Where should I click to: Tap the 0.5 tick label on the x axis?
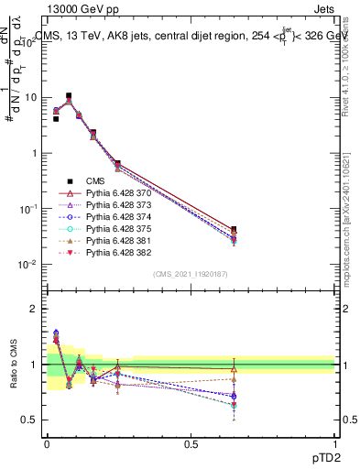click(x=190, y=444)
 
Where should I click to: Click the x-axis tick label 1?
click(x=334, y=444)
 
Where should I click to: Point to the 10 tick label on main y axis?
click(x=31, y=97)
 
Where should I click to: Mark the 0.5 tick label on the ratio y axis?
click(x=29, y=420)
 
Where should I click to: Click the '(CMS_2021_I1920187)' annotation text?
click(x=191, y=275)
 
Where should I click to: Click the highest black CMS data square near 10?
click(x=70, y=95)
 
